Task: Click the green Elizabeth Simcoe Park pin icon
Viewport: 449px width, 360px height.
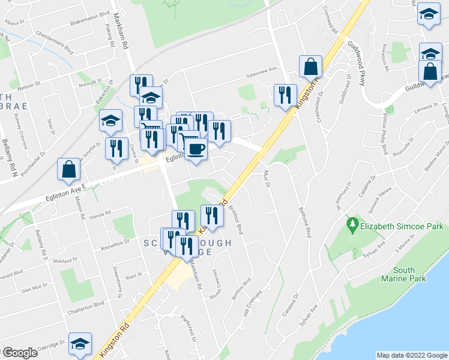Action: click(x=353, y=227)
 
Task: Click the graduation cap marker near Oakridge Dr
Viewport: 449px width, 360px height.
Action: click(x=80, y=344)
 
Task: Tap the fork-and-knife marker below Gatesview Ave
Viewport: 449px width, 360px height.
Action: click(x=285, y=95)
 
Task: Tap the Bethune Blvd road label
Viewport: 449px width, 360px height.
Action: click(x=306, y=220)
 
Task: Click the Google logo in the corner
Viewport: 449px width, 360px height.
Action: click(x=20, y=353)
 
